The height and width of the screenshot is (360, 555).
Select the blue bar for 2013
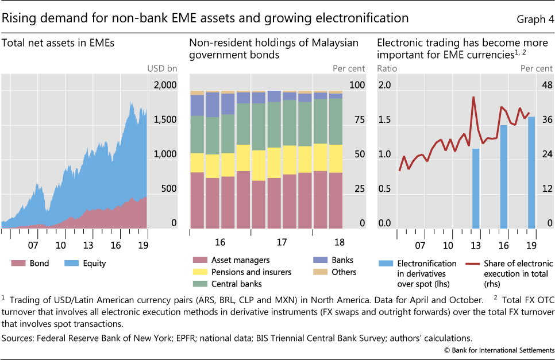(476, 188)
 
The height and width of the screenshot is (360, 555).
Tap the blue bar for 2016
(504, 177)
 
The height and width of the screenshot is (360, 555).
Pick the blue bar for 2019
(531, 172)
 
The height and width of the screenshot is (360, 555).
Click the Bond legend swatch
(18, 264)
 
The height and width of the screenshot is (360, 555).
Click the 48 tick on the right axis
(544, 85)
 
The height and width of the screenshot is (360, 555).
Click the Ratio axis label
(387, 69)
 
